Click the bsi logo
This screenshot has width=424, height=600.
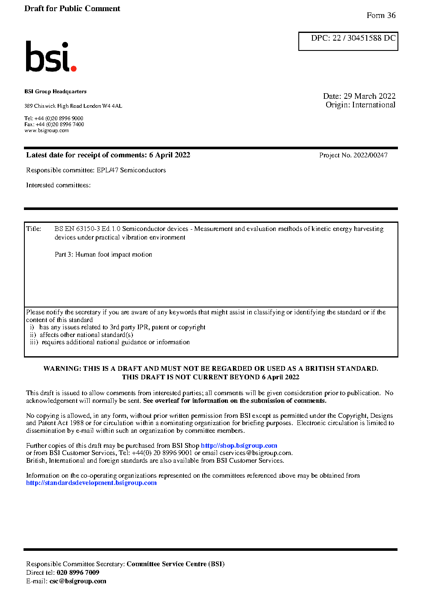pos(50,56)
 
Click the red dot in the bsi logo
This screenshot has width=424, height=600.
pos(74,68)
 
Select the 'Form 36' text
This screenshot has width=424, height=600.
pos(381,15)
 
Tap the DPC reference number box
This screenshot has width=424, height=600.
pos(348,41)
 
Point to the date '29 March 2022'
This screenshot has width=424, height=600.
pos(370,96)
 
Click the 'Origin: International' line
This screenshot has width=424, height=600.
pos(360,105)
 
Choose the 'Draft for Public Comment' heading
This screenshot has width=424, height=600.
pos(72,9)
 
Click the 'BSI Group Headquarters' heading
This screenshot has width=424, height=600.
pos(56,92)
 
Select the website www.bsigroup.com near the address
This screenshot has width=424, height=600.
pos(47,130)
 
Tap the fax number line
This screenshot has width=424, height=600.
pos(54,124)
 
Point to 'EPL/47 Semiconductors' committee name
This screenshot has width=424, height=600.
pos(131,170)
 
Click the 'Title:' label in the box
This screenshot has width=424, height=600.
pos(34,229)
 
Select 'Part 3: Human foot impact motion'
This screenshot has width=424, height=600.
pos(103,254)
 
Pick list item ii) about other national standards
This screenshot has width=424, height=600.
pos(82,335)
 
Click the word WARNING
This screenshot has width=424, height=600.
pos(62,369)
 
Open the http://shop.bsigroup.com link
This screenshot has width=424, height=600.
pos(239,446)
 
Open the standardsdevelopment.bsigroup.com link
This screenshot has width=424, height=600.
pos(91,483)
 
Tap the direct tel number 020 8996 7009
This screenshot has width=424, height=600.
pos(78,573)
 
